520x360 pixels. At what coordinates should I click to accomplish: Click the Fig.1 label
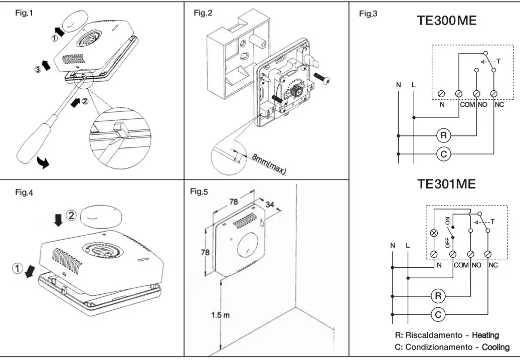click(25, 13)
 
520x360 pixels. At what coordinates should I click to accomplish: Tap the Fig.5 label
click(199, 192)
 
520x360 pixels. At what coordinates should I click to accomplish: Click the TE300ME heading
click(446, 21)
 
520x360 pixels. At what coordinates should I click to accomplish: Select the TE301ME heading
click(446, 184)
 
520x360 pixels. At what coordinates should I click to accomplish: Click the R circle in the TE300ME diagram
click(443, 135)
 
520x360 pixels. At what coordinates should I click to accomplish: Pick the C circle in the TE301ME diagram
click(438, 314)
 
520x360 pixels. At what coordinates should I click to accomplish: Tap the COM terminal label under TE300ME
click(466, 105)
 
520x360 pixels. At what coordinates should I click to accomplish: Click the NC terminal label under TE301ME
click(493, 265)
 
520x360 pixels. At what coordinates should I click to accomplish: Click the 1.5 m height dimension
click(220, 315)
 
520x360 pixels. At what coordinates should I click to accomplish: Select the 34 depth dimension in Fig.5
click(270, 205)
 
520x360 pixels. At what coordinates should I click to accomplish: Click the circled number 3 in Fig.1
click(38, 69)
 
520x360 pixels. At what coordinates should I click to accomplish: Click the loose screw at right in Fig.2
click(321, 78)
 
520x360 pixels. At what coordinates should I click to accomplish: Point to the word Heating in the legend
click(485, 335)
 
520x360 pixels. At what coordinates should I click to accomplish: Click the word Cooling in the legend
click(495, 347)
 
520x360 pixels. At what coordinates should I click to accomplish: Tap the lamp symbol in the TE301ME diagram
click(435, 233)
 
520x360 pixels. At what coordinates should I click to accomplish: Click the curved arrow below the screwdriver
click(44, 162)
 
